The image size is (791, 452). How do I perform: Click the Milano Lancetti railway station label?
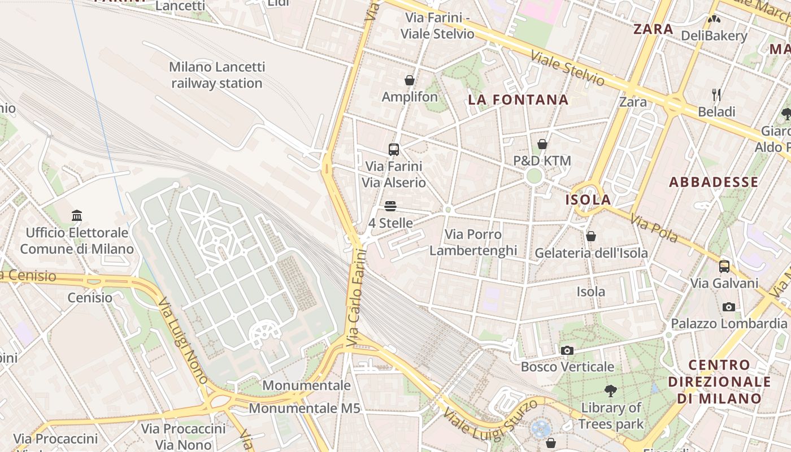[x=217, y=75]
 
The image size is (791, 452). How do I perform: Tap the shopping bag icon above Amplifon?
[x=410, y=81]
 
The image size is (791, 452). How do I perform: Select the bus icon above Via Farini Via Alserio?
[x=394, y=150]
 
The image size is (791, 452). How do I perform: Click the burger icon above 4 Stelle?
[x=390, y=206]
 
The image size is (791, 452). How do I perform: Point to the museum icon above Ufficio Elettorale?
[x=77, y=216]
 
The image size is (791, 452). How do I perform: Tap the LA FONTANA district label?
[x=518, y=100]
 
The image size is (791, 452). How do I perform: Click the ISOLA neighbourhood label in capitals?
[x=588, y=199]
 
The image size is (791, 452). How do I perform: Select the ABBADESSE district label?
[x=714, y=182]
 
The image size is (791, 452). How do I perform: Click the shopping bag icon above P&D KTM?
[x=542, y=145]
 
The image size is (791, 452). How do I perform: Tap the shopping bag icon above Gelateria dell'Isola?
[x=591, y=236]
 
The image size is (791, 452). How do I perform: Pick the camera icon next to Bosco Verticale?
[x=567, y=351]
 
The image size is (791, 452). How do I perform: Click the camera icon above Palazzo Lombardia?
[x=729, y=307]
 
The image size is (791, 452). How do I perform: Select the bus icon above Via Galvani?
[x=724, y=267]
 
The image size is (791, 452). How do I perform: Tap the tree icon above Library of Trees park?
[x=611, y=390]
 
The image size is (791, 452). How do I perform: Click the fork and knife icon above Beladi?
[x=716, y=94]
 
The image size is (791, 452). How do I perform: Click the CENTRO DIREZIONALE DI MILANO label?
[x=719, y=381]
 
